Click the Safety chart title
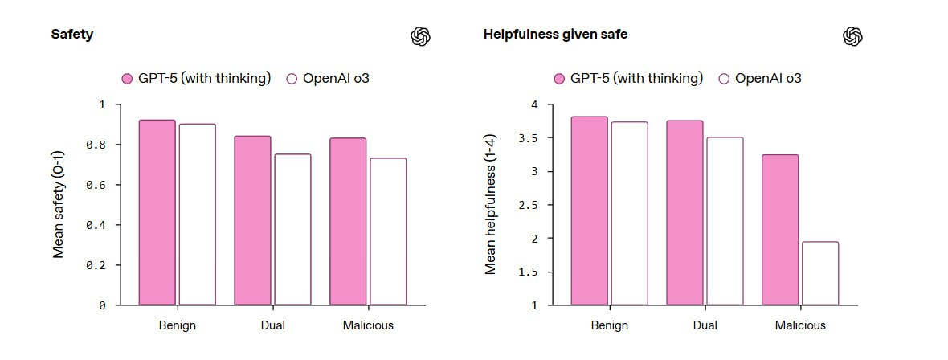[x=72, y=35]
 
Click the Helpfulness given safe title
[x=555, y=35]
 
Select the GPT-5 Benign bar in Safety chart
[x=157, y=212]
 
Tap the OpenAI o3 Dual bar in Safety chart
[x=292, y=229]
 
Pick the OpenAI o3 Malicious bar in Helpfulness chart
[x=819, y=273]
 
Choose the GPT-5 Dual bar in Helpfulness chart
[x=684, y=213]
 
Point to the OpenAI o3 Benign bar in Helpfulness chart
[x=629, y=214]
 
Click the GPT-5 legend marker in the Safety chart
[x=127, y=79]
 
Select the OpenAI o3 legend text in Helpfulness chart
[x=768, y=79]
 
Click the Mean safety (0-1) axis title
[x=59, y=204]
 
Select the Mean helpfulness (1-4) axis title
[x=491, y=204]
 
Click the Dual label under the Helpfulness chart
[x=705, y=325]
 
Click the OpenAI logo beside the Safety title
[x=421, y=36]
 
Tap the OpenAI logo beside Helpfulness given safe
[x=852, y=36]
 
